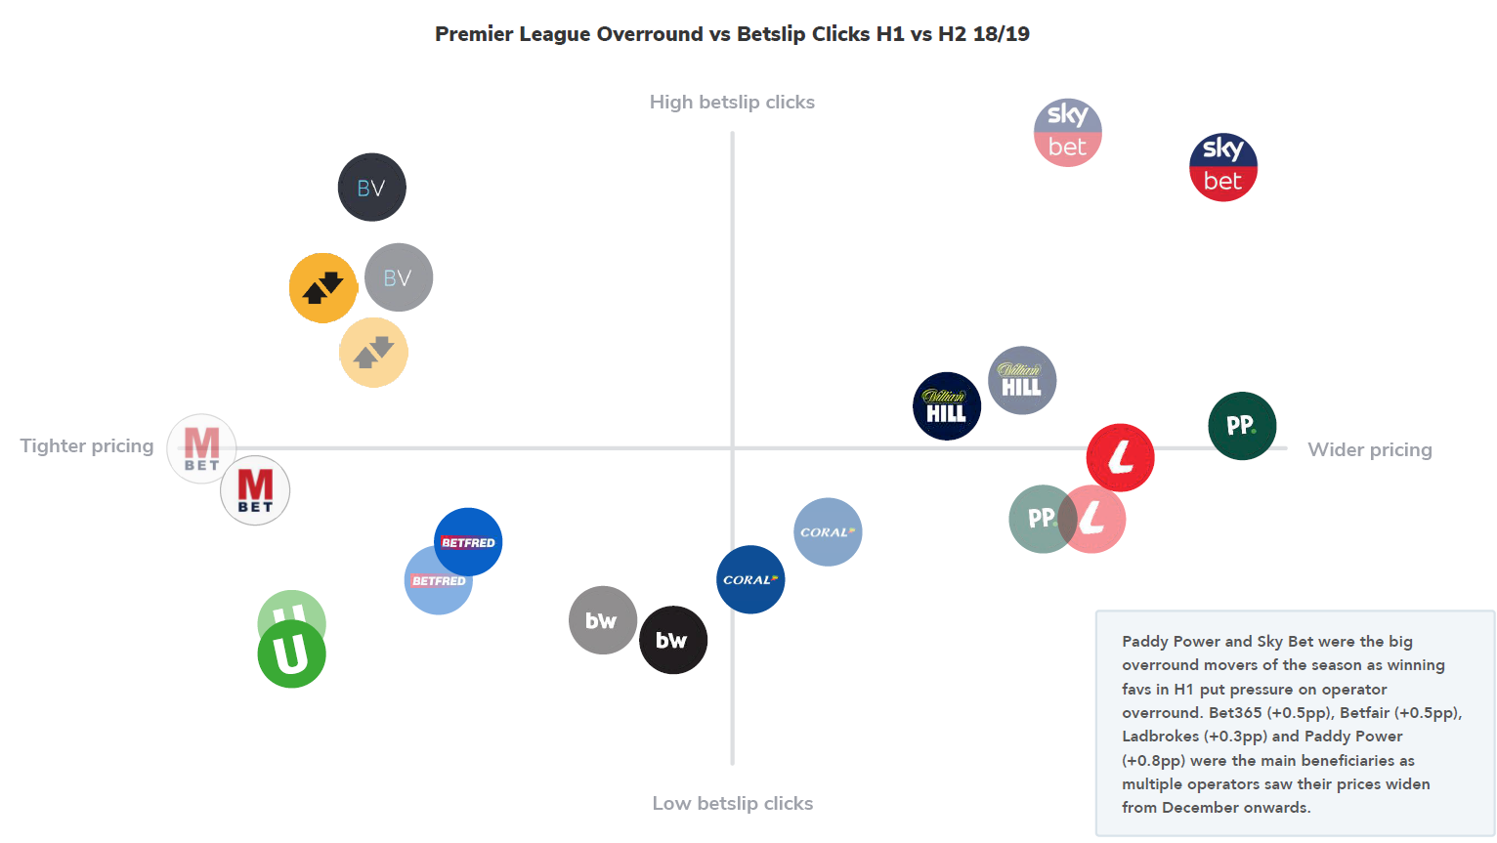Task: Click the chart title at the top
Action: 732,34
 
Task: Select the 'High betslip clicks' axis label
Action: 732,103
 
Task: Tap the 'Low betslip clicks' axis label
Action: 733,804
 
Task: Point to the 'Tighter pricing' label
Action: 87,446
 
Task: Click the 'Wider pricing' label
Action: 1370,450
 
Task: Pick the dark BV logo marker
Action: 371,188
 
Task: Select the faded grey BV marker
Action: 399,277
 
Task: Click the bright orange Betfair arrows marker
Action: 322,288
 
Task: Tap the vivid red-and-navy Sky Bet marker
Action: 1223,168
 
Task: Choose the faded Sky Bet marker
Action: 1067,133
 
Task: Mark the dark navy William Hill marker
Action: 946,406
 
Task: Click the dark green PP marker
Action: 1242,426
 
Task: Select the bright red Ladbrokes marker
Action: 1121,457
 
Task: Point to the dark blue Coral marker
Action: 750,579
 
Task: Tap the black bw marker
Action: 672,641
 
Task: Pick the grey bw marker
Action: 602,620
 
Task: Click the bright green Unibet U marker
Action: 291,654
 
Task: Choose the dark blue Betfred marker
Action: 468,541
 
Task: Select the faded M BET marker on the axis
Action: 201,448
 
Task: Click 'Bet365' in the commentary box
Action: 1235,713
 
